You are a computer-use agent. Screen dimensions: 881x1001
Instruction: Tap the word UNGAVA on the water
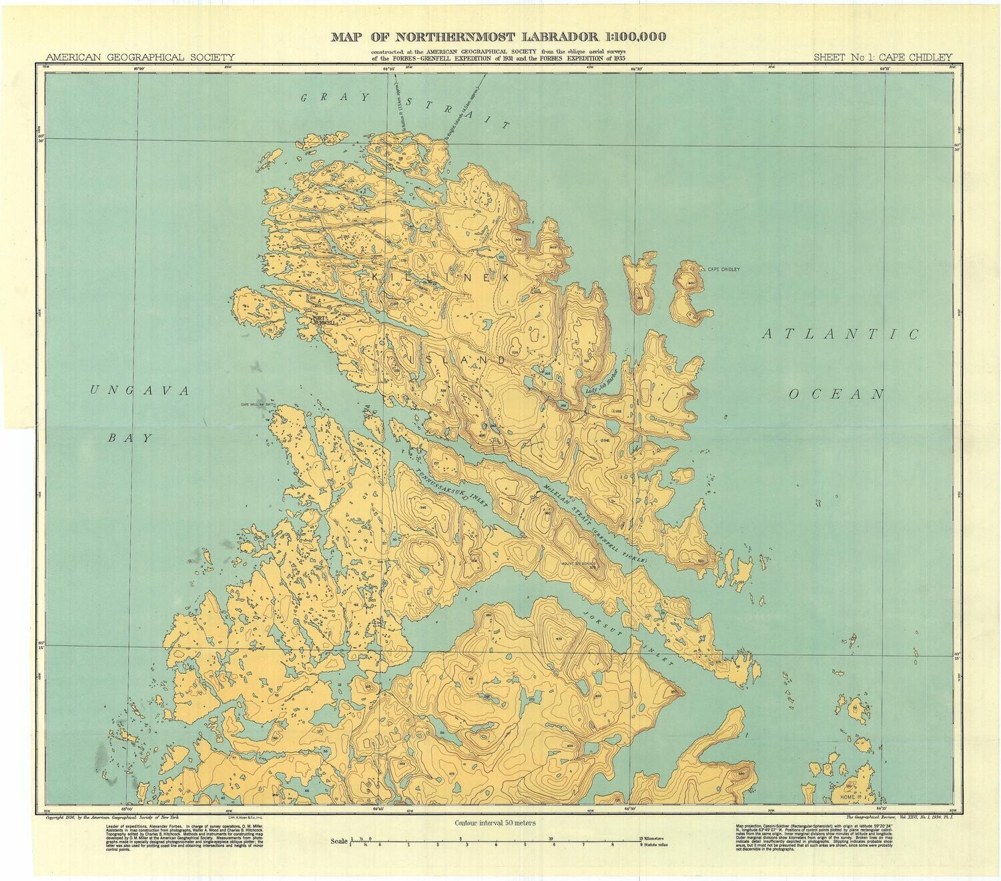click(x=139, y=391)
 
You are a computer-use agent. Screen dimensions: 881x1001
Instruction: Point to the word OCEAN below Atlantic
click(x=836, y=394)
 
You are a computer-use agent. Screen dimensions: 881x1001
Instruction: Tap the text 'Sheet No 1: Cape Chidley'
click(x=882, y=57)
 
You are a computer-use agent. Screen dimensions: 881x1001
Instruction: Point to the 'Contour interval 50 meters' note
click(x=494, y=824)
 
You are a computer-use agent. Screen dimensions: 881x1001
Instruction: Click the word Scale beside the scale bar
click(x=339, y=840)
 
